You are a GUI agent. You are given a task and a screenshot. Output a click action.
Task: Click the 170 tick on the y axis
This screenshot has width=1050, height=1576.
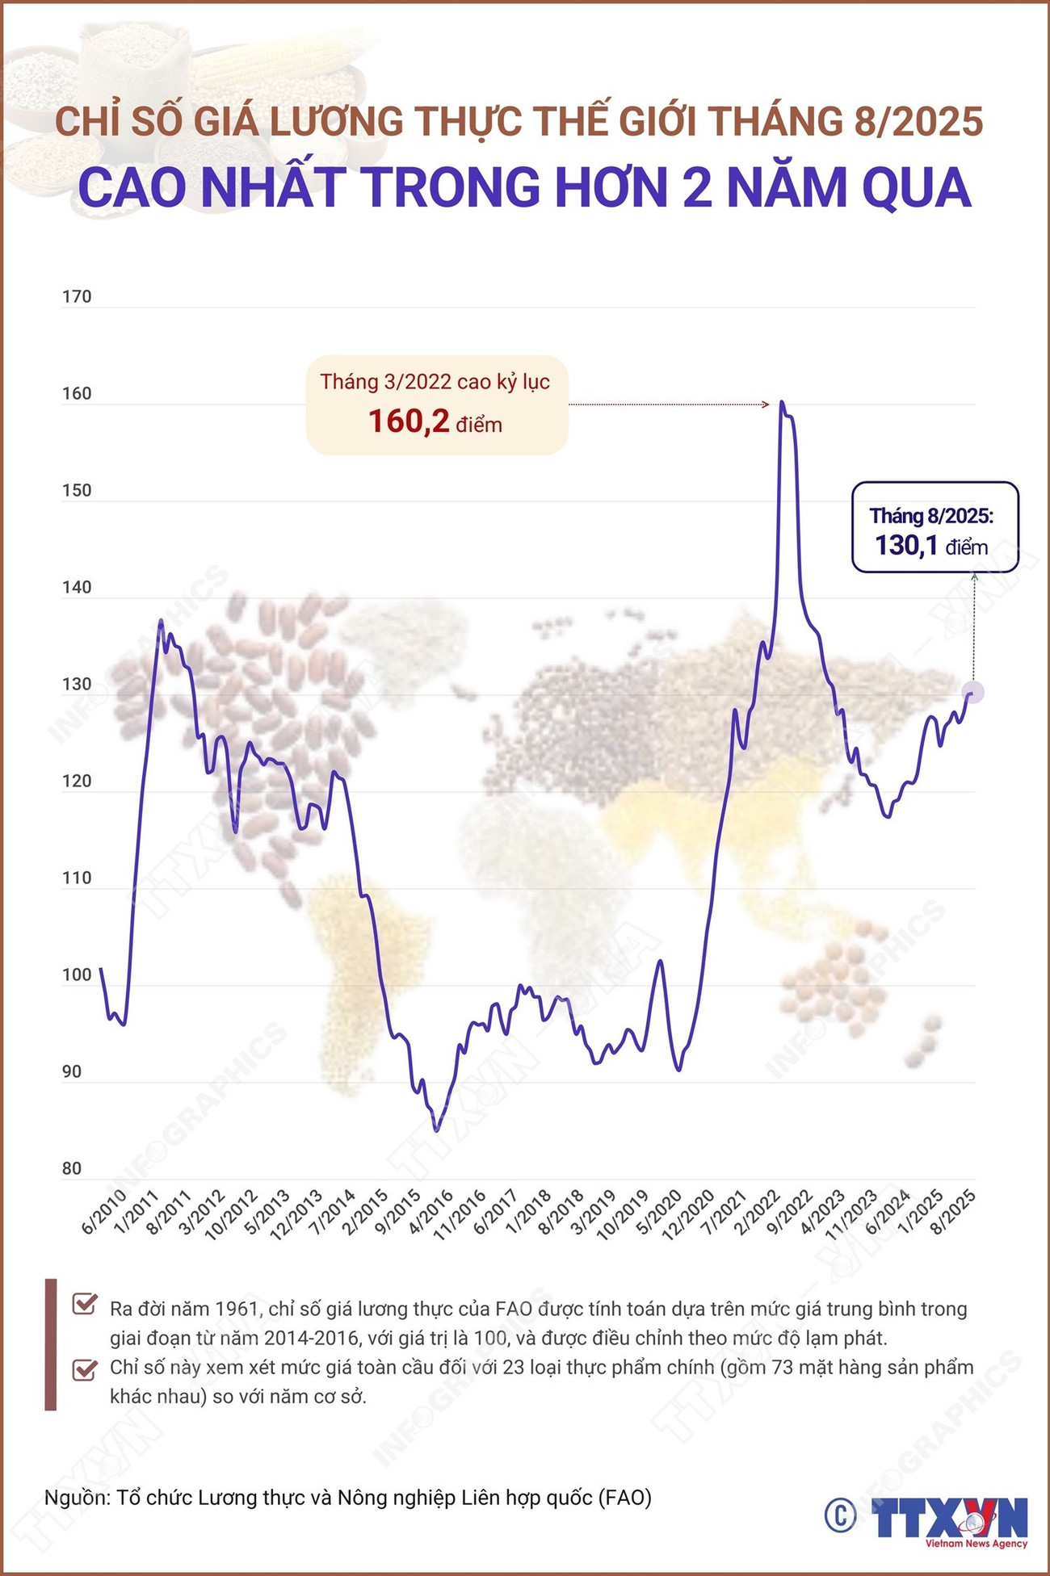point(77,297)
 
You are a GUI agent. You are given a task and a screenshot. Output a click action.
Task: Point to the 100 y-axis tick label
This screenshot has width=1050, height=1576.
point(77,975)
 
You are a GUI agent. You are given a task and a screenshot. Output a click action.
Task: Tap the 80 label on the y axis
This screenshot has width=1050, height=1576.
point(72,1169)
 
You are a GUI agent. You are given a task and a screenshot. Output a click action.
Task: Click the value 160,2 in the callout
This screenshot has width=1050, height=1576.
point(408,421)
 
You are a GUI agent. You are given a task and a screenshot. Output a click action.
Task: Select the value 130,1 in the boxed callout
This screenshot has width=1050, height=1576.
point(906,546)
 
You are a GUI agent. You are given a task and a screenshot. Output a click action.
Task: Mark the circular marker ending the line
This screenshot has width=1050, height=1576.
point(972,693)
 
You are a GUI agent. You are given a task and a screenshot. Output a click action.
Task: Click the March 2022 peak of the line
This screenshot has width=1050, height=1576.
point(782,402)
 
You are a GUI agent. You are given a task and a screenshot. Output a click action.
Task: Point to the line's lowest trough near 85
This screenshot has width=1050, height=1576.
point(437,1130)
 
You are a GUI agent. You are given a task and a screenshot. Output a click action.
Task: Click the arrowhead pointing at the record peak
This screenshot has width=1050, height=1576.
point(766,404)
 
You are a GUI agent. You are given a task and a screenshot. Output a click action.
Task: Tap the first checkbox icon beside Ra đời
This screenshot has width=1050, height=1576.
point(84,1304)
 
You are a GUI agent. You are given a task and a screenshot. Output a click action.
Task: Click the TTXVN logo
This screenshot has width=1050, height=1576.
point(949,1519)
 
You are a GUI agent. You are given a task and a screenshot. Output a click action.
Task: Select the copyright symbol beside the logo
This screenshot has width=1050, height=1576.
point(841,1515)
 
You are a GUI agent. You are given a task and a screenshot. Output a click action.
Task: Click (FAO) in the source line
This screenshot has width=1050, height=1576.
point(624,1498)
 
